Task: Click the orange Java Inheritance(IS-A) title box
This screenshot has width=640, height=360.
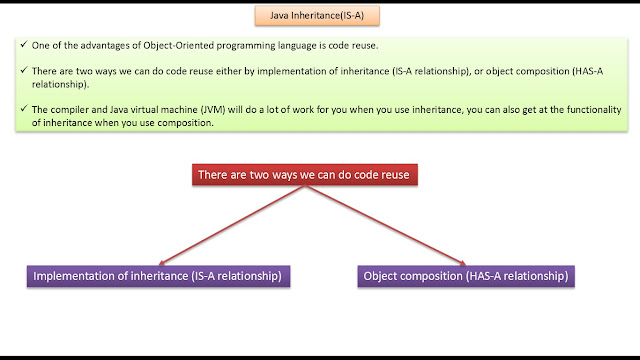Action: pyautogui.click(x=317, y=16)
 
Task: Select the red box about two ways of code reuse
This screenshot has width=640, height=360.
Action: pyautogui.click(x=305, y=175)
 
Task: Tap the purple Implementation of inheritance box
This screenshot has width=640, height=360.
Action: pyautogui.click(x=158, y=276)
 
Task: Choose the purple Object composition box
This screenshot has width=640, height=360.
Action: pyautogui.click(x=466, y=276)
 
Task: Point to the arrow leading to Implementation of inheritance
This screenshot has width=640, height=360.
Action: pyautogui.click(x=231, y=225)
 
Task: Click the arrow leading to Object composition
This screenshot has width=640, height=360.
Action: pyautogui.click(x=386, y=225)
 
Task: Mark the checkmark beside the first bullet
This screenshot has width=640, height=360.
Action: pyautogui.click(x=24, y=44)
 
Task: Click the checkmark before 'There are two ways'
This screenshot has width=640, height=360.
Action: pyautogui.click(x=24, y=70)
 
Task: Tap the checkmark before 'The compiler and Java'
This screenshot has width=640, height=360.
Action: pyautogui.click(x=24, y=108)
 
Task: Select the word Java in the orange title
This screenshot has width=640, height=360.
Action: pyautogui.click(x=279, y=16)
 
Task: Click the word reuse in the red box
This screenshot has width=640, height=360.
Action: pyautogui.click(x=395, y=175)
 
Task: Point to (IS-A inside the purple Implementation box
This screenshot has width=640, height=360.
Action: pyautogui.click(x=203, y=276)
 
